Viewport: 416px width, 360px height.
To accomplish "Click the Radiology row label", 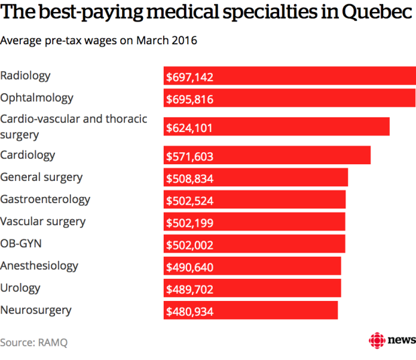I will (x=25, y=76).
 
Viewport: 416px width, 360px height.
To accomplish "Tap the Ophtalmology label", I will (x=37, y=98).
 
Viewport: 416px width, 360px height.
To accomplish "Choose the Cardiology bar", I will (x=268, y=155).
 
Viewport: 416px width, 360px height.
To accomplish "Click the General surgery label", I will (x=42, y=177).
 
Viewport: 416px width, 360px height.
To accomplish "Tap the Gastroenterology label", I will (x=45, y=199).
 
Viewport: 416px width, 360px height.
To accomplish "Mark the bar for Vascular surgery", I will (x=255, y=222).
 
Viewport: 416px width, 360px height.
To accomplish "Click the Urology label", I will (x=21, y=288).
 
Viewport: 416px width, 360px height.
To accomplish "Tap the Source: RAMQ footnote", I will (x=34, y=342).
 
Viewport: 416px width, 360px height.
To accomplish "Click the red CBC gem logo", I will (x=377, y=340).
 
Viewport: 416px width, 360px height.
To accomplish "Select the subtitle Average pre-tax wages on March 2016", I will (x=99, y=40).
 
